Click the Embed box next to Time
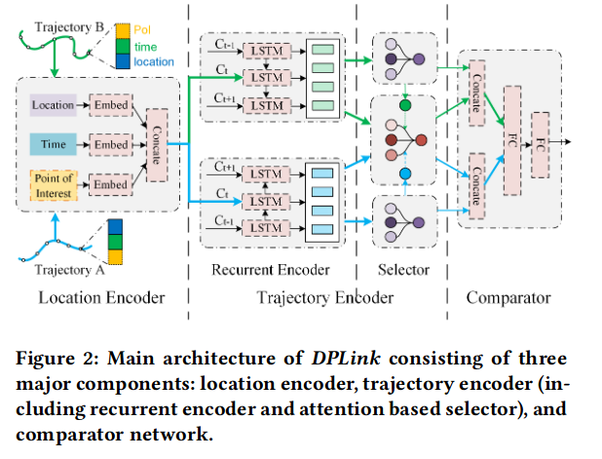pyautogui.click(x=109, y=144)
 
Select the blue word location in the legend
pyautogui.click(x=151, y=61)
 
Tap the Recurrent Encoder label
pyautogui.click(x=271, y=269)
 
